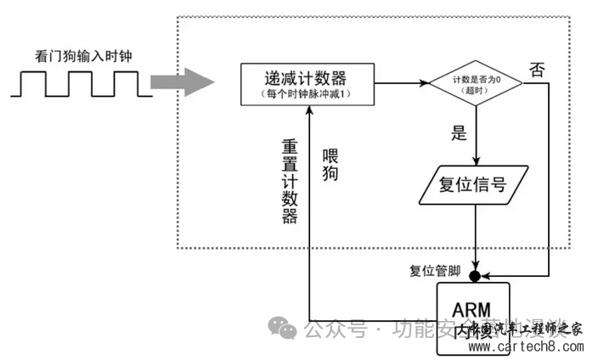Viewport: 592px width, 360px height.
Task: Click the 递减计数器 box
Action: (x=306, y=84)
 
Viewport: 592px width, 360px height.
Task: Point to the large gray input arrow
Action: (x=180, y=82)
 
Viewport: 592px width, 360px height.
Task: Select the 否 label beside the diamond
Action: (x=537, y=69)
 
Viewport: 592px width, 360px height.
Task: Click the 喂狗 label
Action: (x=330, y=166)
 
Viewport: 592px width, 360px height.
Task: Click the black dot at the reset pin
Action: (x=475, y=276)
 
